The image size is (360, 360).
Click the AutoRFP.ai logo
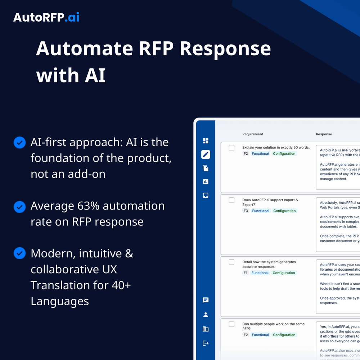pyautogui.click(x=46, y=17)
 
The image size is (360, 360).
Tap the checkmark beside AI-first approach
pyautogui.click(x=19, y=143)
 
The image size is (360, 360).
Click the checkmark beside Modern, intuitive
pyautogui.click(x=19, y=253)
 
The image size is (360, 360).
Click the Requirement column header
pyautogui.click(x=253, y=134)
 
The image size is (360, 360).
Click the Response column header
pyautogui.click(x=324, y=134)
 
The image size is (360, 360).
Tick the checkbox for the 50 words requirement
pyautogui.click(x=231, y=148)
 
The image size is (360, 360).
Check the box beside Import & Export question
pyautogui.click(x=231, y=200)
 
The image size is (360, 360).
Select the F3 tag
pyautogui.click(x=246, y=211)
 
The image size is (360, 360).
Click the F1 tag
pyautogui.click(x=246, y=273)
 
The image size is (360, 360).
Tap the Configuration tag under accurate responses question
pyautogui.click(x=284, y=273)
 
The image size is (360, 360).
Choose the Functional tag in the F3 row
pyautogui.click(x=261, y=211)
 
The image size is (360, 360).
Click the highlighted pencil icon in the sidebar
pyautogui.click(x=206, y=154)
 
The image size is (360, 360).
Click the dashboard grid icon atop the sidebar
pyautogui.click(x=206, y=141)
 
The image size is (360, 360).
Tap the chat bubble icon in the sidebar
pyautogui.click(x=206, y=300)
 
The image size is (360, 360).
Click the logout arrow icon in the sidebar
pyautogui.click(x=206, y=343)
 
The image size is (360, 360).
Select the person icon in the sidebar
pyautogui.click(x=206, y=315)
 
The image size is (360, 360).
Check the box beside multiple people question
pyautogui.click(x=231, y=324)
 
